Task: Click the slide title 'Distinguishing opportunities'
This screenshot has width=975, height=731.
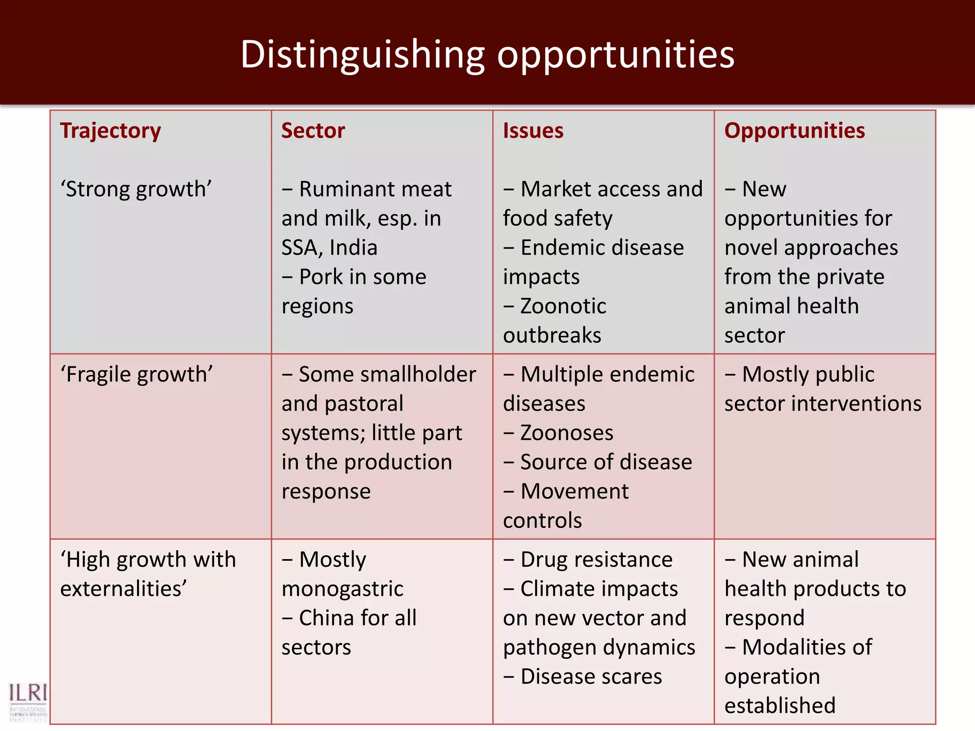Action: pyautogui.click(x=487, y=55)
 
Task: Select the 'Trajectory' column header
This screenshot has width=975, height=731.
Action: pyautogui.click(x=110, y=131)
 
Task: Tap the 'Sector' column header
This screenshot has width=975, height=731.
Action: pyautogui.click(x=313, y=131)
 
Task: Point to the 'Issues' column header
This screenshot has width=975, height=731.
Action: pyautogui.click(x=533, y=131)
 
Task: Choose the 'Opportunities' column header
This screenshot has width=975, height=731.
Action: pyautogui.click(x=794, y=131)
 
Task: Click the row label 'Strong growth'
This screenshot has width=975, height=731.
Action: pyautogui.click(x=136, y=189)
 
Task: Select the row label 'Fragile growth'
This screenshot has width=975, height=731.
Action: pyautogui.click(x=136, y=375)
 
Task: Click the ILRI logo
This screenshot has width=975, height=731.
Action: pyautogui.click(x=28, y=700)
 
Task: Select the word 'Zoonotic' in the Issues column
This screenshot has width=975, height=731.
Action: pyautogui.click(x=563, y=306)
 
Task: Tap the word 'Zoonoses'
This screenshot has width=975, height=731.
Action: pyautogui.click(x=567, y=433)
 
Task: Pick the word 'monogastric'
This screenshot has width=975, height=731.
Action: pyautogui.click(x=342, y=589)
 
